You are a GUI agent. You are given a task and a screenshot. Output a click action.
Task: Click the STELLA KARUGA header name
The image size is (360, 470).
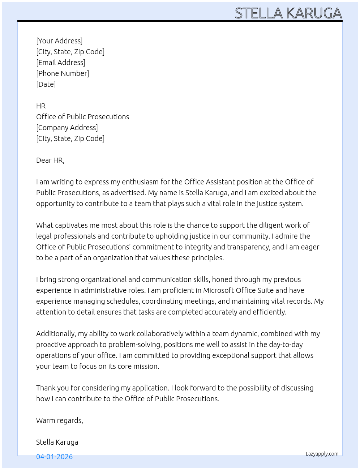[288, 13]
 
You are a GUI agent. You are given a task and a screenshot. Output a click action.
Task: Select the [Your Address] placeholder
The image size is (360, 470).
[59, 41]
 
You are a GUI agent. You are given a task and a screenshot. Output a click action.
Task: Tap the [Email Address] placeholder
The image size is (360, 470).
[61, 63]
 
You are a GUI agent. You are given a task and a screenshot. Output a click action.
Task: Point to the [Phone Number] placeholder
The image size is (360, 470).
[63, 73]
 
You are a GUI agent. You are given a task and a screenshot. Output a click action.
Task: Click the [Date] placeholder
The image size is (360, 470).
[46, 84]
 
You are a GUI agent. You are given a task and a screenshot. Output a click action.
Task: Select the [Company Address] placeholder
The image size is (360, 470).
[67, 128]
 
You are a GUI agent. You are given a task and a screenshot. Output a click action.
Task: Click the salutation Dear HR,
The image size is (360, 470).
[50, 160]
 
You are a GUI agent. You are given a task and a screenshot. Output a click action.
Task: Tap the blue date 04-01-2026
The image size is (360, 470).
[54, 457]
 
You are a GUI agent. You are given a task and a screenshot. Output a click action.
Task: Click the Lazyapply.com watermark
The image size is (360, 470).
[322, 454]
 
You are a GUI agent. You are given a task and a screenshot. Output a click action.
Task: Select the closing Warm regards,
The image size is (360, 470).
[60, 420]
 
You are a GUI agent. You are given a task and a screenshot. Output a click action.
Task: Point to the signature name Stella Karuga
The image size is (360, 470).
[57, 442]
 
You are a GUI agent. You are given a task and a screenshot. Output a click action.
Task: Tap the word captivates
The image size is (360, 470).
[71, 225]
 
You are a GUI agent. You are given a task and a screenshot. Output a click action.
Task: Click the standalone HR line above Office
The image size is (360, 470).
[41, 106]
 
